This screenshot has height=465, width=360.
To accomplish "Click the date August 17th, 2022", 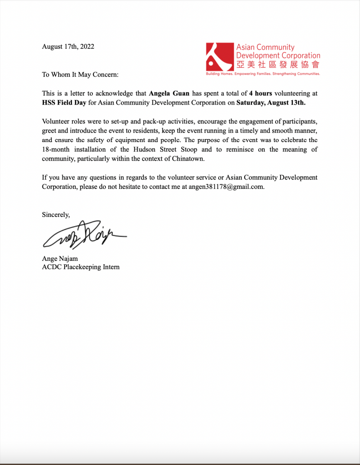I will click(x=68, y=46).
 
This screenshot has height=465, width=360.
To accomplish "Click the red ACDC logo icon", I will click(x=220, y=57).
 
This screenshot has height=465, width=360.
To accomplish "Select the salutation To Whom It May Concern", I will click(x=80, y=74).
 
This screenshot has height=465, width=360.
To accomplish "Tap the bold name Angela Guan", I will click(x=169, y=93).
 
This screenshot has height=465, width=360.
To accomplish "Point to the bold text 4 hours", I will click(x=261, y=93).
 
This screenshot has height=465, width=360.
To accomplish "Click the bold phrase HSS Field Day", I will click(x=64, y=102).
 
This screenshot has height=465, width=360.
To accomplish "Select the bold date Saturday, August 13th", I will click(x=271, y=102).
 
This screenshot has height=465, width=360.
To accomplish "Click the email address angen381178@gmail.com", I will click(x=226, y=187).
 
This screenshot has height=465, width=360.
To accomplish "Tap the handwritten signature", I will click(x=84, y=234).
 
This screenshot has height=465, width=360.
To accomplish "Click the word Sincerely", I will click(x=56, y=215).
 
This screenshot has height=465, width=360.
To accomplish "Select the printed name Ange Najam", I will click(x=60, y=259).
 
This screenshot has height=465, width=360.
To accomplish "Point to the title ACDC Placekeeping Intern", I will click(x=81, y=267).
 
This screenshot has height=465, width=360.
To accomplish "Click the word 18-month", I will click(x=56, y=149).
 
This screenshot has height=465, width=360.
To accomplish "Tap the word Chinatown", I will click(x=188, y=159).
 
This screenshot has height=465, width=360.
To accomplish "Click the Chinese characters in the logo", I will click(x=278, y=65).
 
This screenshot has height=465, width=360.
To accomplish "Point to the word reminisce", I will click(x=240, y=149).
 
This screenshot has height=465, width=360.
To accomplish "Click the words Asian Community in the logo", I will click(x=265, y=47).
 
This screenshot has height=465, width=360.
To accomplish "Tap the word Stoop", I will click(x=189, y=149).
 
